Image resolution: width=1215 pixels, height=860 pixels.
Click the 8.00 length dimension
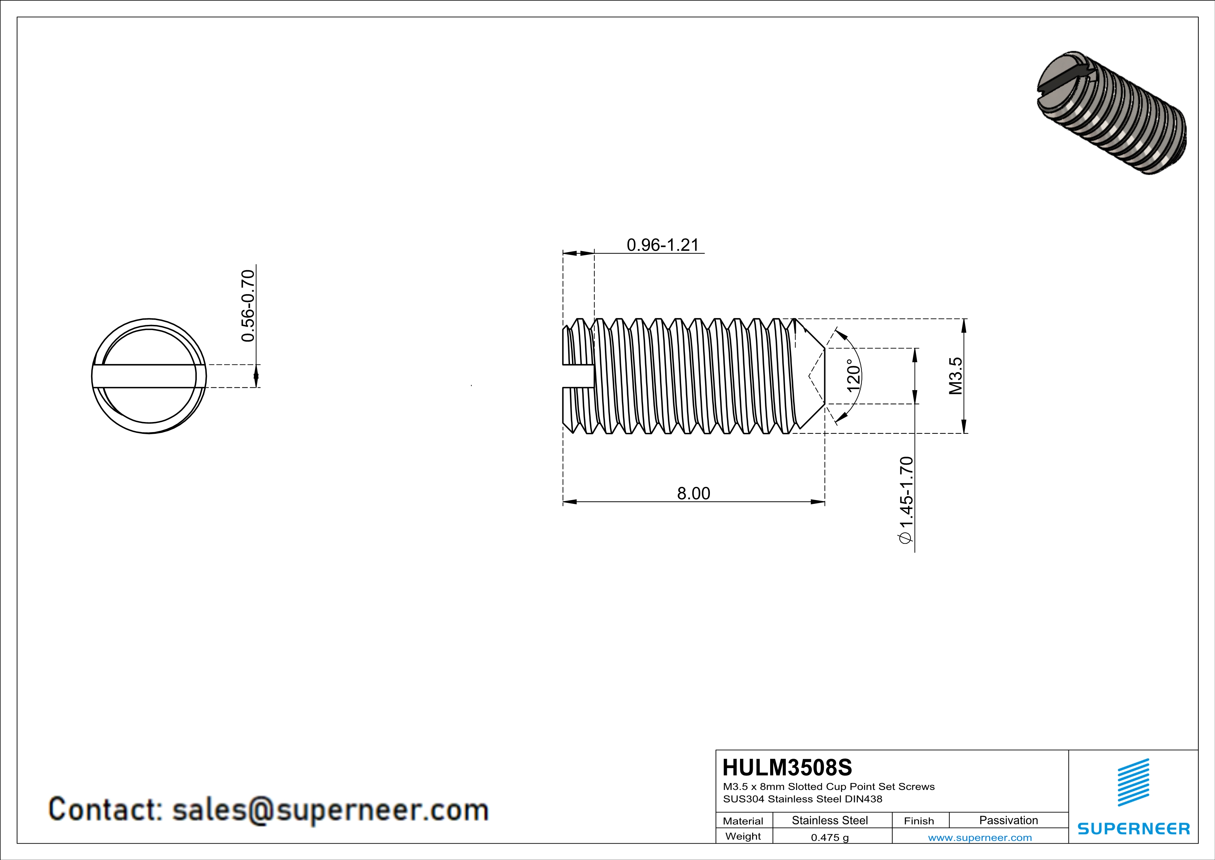pos(693,493)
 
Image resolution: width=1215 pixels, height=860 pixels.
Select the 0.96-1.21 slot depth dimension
pos(662,245)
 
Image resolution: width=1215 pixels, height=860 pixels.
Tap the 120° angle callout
pos(853,376)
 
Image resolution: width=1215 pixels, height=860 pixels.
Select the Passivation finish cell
pos(1009,820)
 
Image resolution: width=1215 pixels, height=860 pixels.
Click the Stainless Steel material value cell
pos(830,820)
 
